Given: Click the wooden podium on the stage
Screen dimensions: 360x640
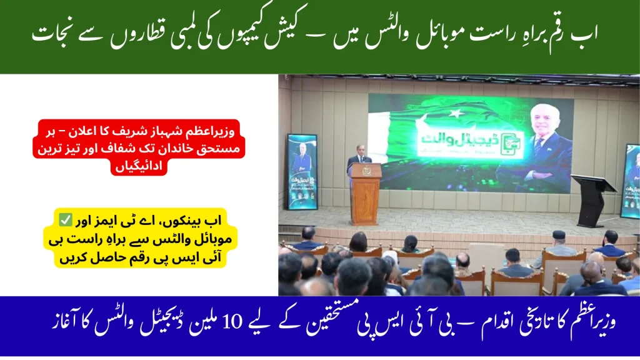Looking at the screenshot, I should tap(365, 194).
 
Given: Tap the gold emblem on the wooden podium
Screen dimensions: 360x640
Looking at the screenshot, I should tap(365, 172).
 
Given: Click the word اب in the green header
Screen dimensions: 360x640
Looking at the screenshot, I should tap(584, 34).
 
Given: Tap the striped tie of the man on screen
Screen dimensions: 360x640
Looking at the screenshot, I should tap(537, 147).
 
